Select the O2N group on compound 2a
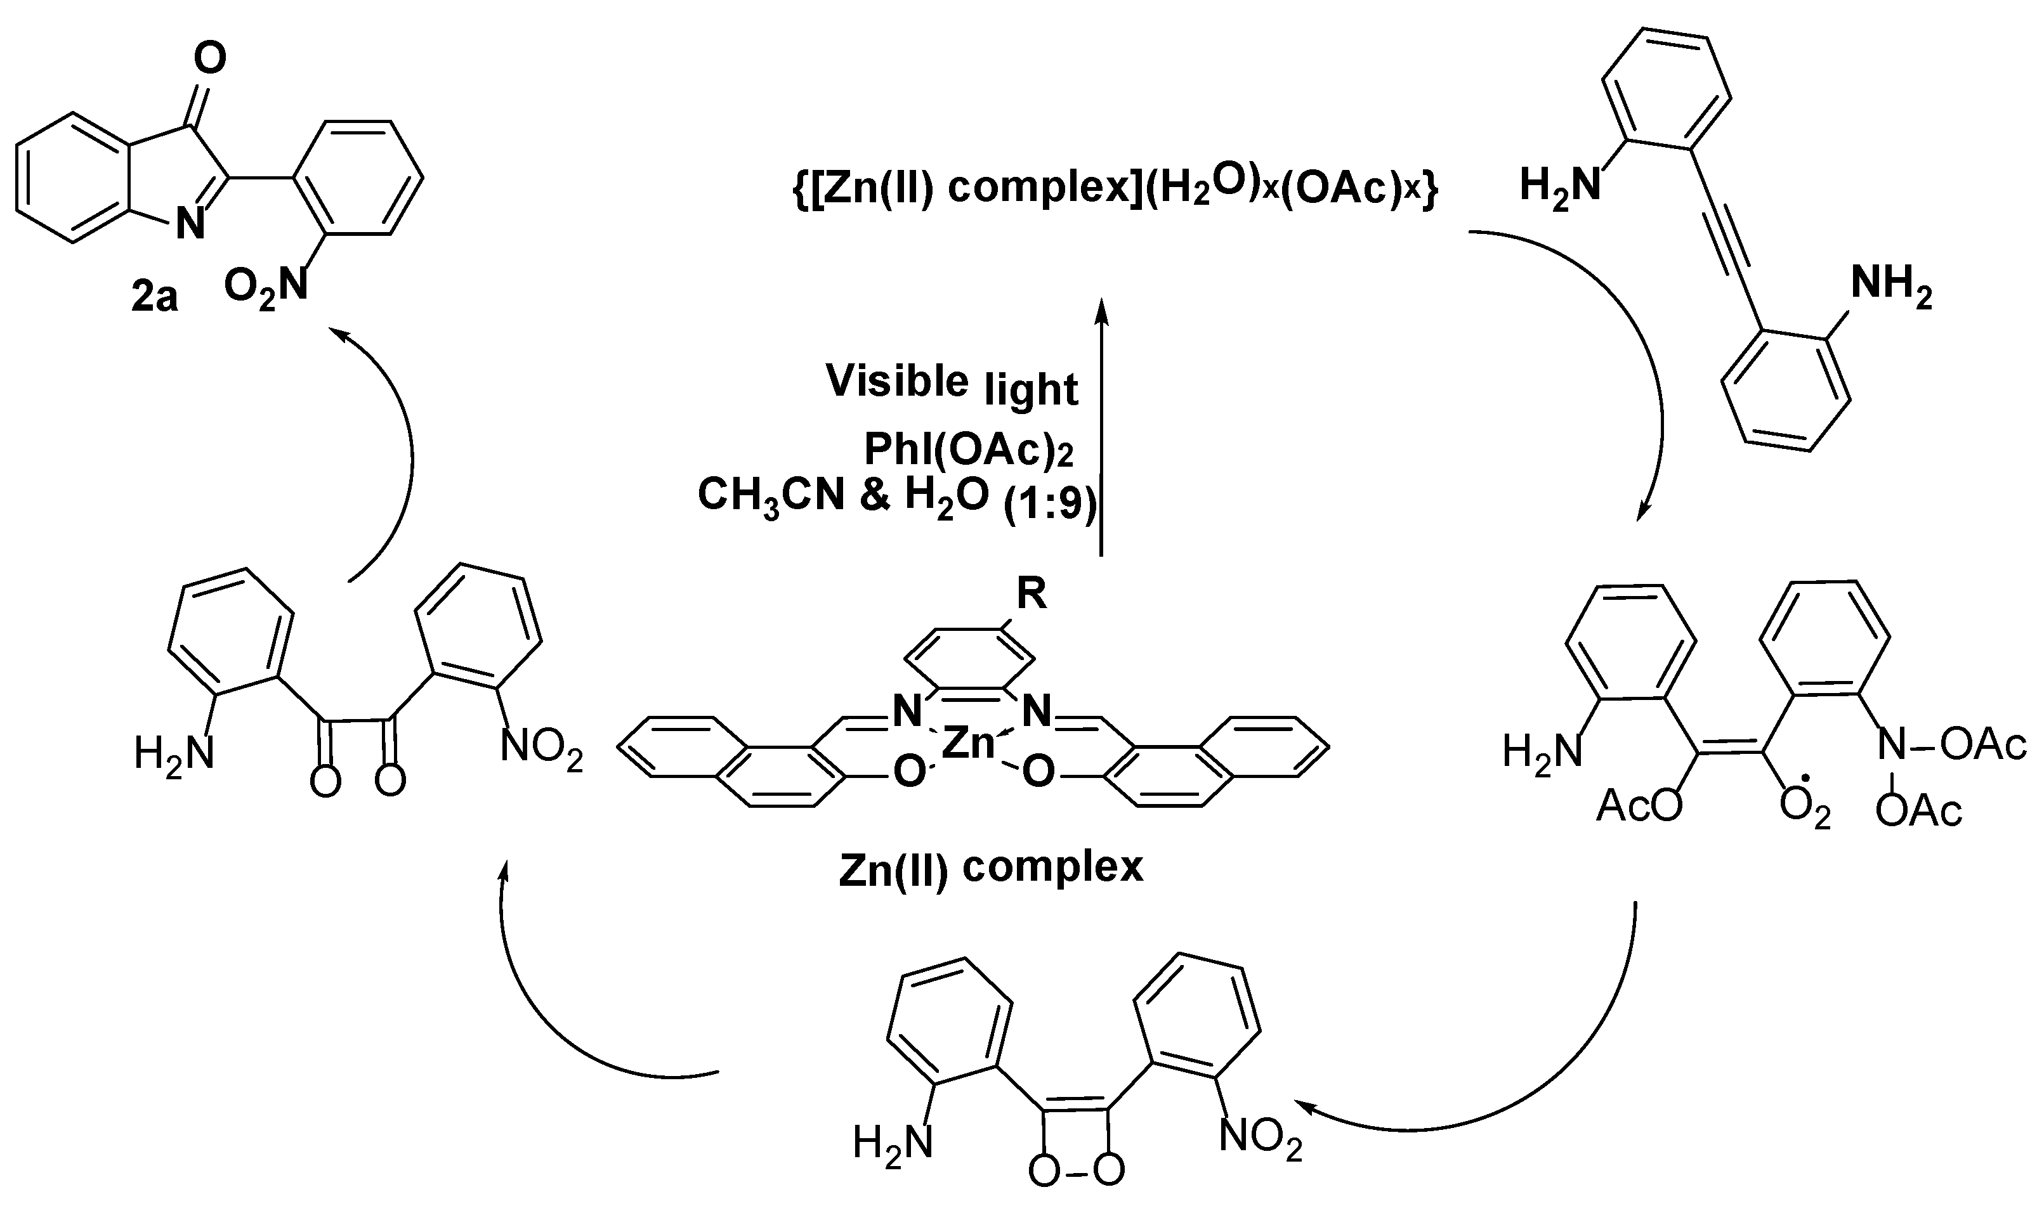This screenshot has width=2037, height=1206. tap(266, 287)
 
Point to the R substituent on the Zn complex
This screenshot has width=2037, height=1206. tap(1032, 595)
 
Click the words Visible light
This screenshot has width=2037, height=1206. tap(951, 384)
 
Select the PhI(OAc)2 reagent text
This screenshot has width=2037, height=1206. tap(967, 450)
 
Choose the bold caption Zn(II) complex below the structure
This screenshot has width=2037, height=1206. tap(990, 868)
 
